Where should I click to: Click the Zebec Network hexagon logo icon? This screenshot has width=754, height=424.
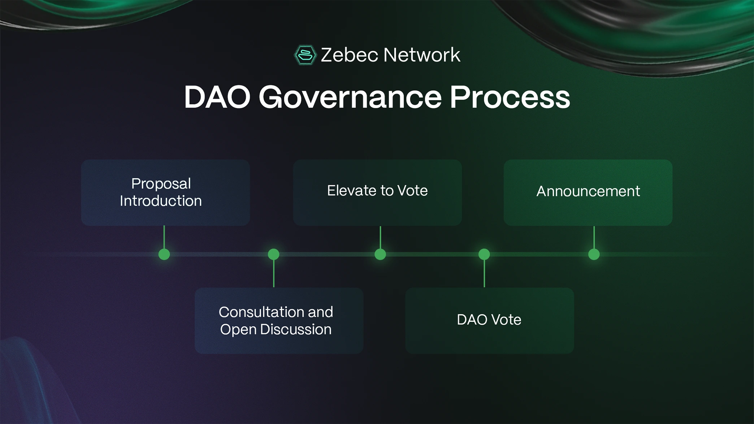[x=305, y=55]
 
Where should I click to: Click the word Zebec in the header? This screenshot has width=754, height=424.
[x=349, y=55]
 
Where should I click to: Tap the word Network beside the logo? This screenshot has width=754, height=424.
[x=421, y=55]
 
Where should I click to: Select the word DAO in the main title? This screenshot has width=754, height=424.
[x=217, y=97]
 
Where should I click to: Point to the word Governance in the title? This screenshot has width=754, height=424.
[x=350, y=97]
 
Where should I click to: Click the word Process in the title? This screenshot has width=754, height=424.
[x=510, y=97]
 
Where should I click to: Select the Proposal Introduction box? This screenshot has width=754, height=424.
[x=165, y=192]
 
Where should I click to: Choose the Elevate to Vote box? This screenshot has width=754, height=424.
[x=377, y=192]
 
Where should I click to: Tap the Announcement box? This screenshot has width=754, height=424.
[x=588, y=192]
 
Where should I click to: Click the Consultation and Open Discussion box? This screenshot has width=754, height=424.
[x=279, y=321]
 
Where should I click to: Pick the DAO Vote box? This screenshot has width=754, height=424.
[x=489, y=321]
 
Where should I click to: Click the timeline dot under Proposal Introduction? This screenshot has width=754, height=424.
[x=164, y=254]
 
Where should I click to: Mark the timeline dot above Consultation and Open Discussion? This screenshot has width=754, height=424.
[x=274, y=254]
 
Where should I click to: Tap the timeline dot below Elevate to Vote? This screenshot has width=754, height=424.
[x=380, y=254]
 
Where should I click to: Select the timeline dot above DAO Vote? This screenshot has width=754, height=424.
[x=484, y=254]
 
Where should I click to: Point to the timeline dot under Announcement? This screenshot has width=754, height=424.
[x=594, y=254]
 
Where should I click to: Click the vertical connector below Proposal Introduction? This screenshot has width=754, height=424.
[x=164, y=237]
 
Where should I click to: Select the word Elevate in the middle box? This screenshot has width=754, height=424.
[x=348, y=191]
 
